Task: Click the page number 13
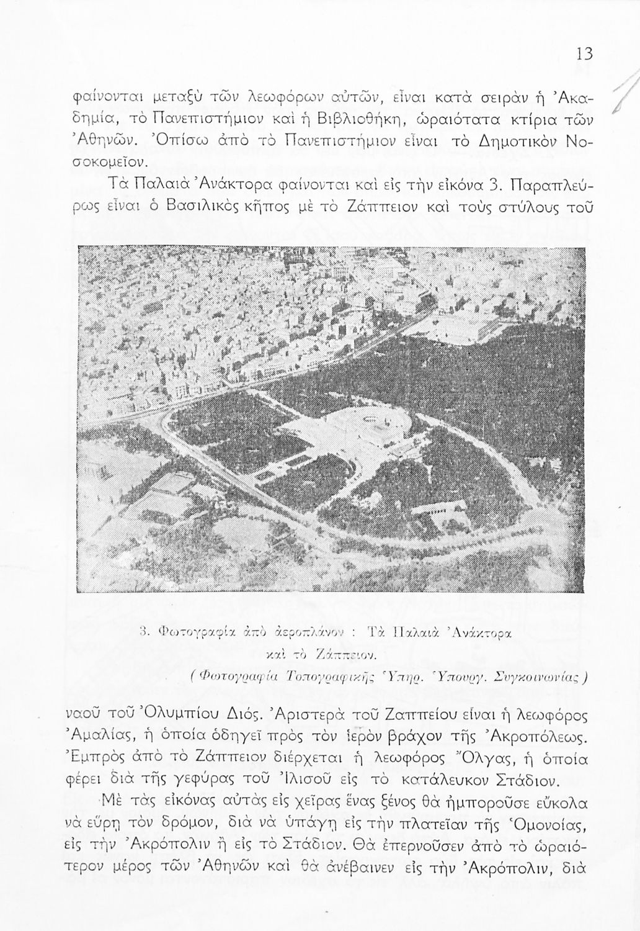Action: (x=584, y=54)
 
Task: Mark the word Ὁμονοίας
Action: (x=543, y=824)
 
